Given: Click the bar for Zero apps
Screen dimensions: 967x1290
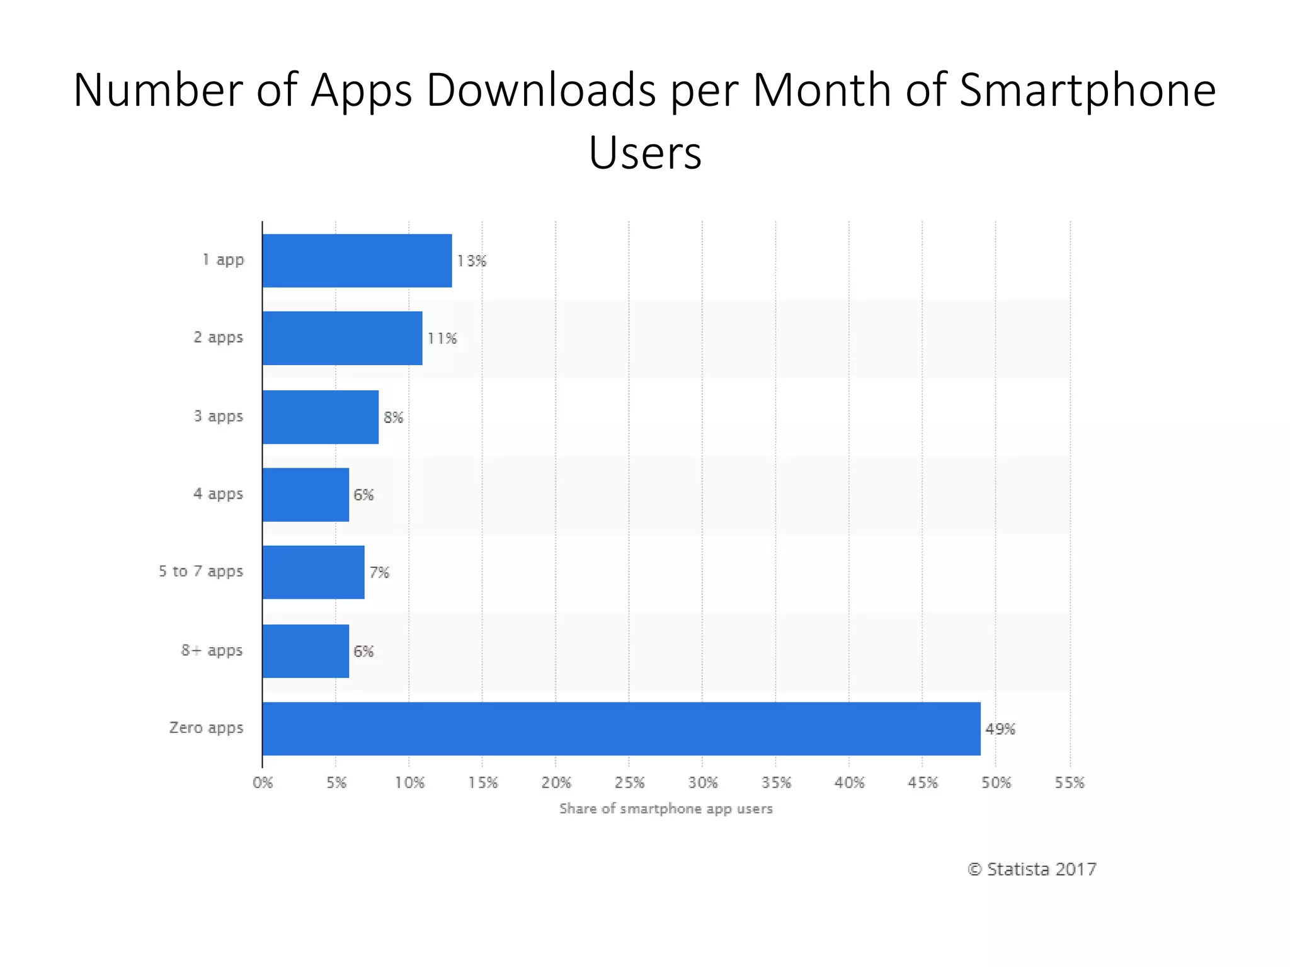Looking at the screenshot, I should tap(621, 728).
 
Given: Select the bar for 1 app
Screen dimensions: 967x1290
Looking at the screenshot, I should tap(357, 261).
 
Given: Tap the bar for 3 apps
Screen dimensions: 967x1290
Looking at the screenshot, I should tap(321, 417).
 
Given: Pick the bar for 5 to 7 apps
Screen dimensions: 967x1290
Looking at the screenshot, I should tap(313, 572).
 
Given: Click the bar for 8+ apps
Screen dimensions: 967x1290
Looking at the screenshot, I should tap(305, 651).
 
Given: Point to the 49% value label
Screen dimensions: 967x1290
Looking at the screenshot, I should tap(1000, 729).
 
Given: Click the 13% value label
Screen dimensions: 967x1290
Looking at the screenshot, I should tap(471, 261).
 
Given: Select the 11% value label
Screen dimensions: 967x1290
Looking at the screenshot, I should tap(442, 339).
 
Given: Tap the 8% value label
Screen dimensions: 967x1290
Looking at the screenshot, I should tap(393, 417).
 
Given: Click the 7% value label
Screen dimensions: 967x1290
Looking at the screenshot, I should tap(379, 572).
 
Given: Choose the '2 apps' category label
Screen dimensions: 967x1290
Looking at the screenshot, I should tap(218, 337).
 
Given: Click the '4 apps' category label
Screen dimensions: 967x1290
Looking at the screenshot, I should tap(218, 494).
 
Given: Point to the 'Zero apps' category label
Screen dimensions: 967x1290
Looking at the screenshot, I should tap(206, 728).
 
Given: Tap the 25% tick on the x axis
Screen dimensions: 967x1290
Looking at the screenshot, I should tap(629, 783).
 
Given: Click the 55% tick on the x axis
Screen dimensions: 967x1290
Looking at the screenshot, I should tap(1070, 783).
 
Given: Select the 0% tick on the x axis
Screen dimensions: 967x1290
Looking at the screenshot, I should tap(263, 783).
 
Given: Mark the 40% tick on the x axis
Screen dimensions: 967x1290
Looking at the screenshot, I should tap(849, 783).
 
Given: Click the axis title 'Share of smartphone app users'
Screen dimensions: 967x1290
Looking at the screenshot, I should tap(666, 808).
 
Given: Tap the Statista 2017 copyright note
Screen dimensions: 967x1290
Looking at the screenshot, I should tap(1032, 869).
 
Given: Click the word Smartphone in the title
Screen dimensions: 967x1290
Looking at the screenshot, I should tap(1087, 90).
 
